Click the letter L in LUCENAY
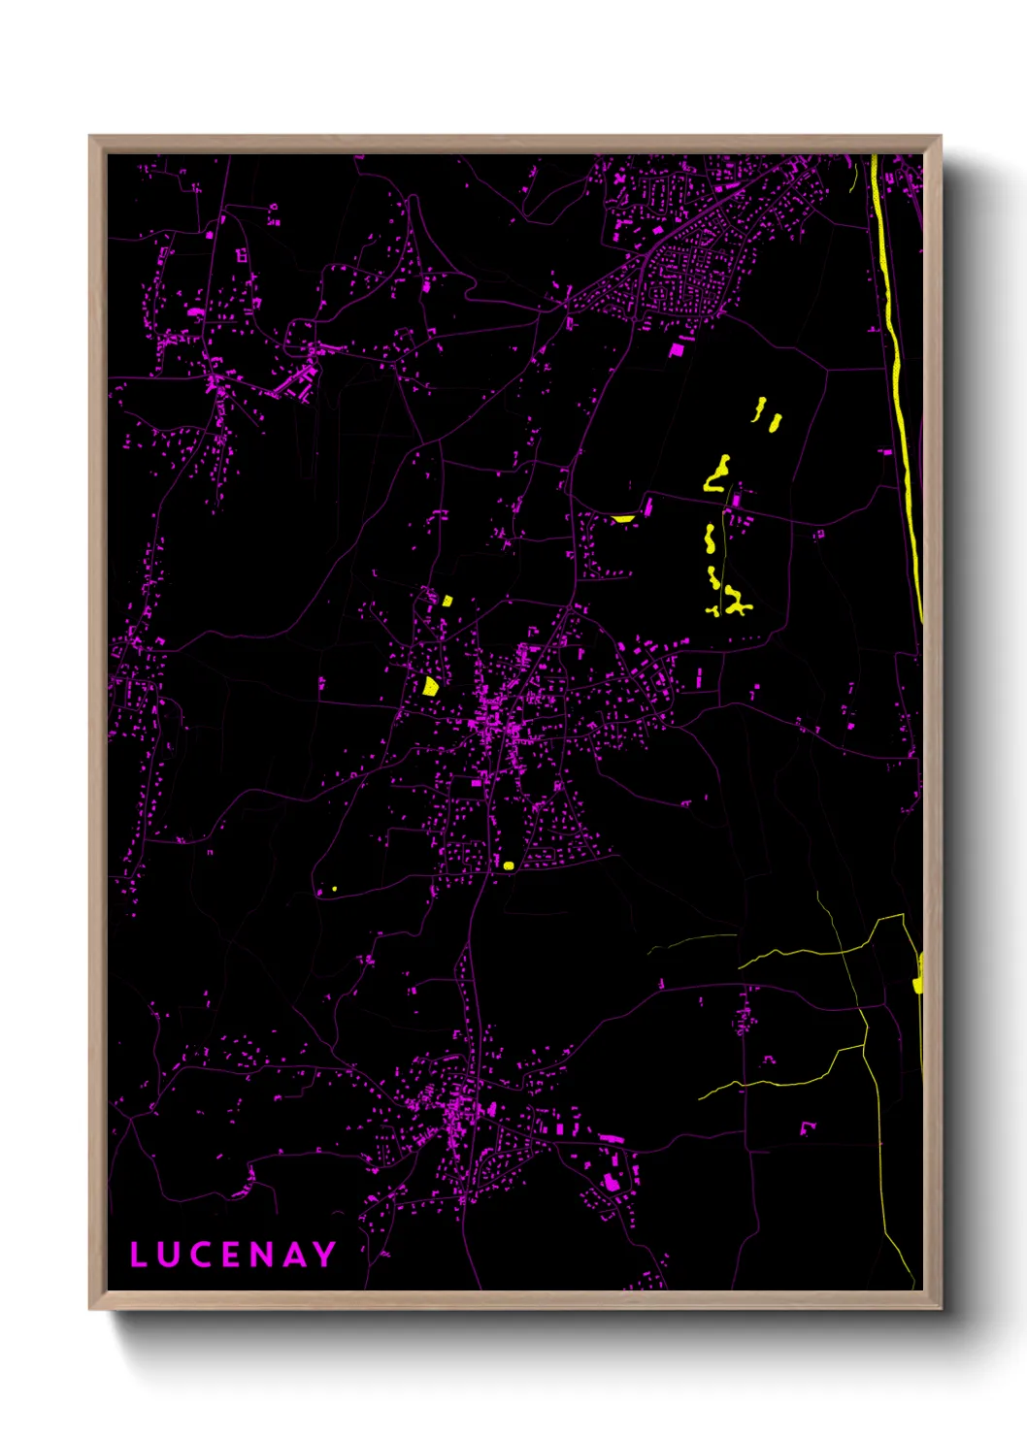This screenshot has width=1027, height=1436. pyautogui.click(x=138, y=1255)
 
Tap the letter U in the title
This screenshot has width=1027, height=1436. pyautogui.click(x=168, y=1255)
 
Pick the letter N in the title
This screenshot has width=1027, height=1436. pyautogui.click(x=260, y=1255)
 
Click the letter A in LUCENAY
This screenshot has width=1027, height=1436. pyautogui.click(x=293, y=1255)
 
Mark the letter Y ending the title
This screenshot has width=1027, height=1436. pyautogui.click(x=324, y=1255)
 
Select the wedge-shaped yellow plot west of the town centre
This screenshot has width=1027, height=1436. pyautogui.click(x=430, y=686)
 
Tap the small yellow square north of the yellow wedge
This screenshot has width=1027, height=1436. pyautogui.click(x=447, y=601)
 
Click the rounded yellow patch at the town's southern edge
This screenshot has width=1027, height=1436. pyautogui.click(x=508, y=865)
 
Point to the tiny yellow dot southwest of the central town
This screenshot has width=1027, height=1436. pyautogui.click(x=334, y=889)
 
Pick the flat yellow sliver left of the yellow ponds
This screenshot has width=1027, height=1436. pyautogui.click(x=623, y=519)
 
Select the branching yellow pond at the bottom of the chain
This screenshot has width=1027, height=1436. pyautogui.click(x=734, y=602)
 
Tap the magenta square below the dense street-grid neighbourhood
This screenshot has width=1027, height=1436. pyautogui.click(x=677, y=349)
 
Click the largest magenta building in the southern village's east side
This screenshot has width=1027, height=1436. pyautogui.click(x=611, y=1182)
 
